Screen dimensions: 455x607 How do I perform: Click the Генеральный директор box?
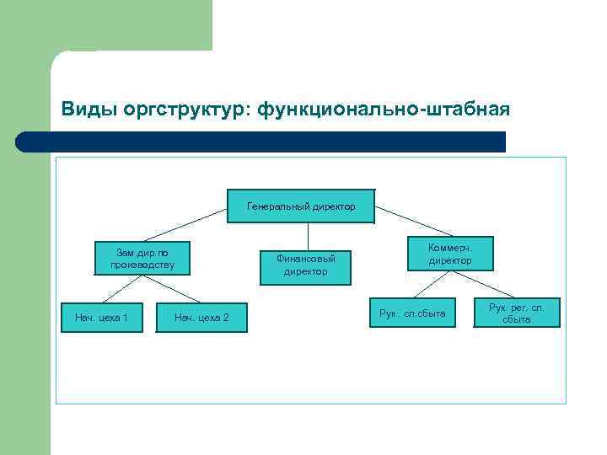coord(301,206)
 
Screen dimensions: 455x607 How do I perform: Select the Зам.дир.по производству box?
coord(142,259)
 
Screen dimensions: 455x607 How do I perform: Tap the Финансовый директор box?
coord(305,265)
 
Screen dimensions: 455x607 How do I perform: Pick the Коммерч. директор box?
coord(450,254)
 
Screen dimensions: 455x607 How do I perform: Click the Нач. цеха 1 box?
coord(101,318)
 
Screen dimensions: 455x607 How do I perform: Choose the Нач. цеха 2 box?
coord(201,318)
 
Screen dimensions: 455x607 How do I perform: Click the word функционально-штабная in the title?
coord(384,110)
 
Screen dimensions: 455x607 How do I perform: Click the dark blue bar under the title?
coord(261,142)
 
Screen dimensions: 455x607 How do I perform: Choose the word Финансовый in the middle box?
coord(305,259)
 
